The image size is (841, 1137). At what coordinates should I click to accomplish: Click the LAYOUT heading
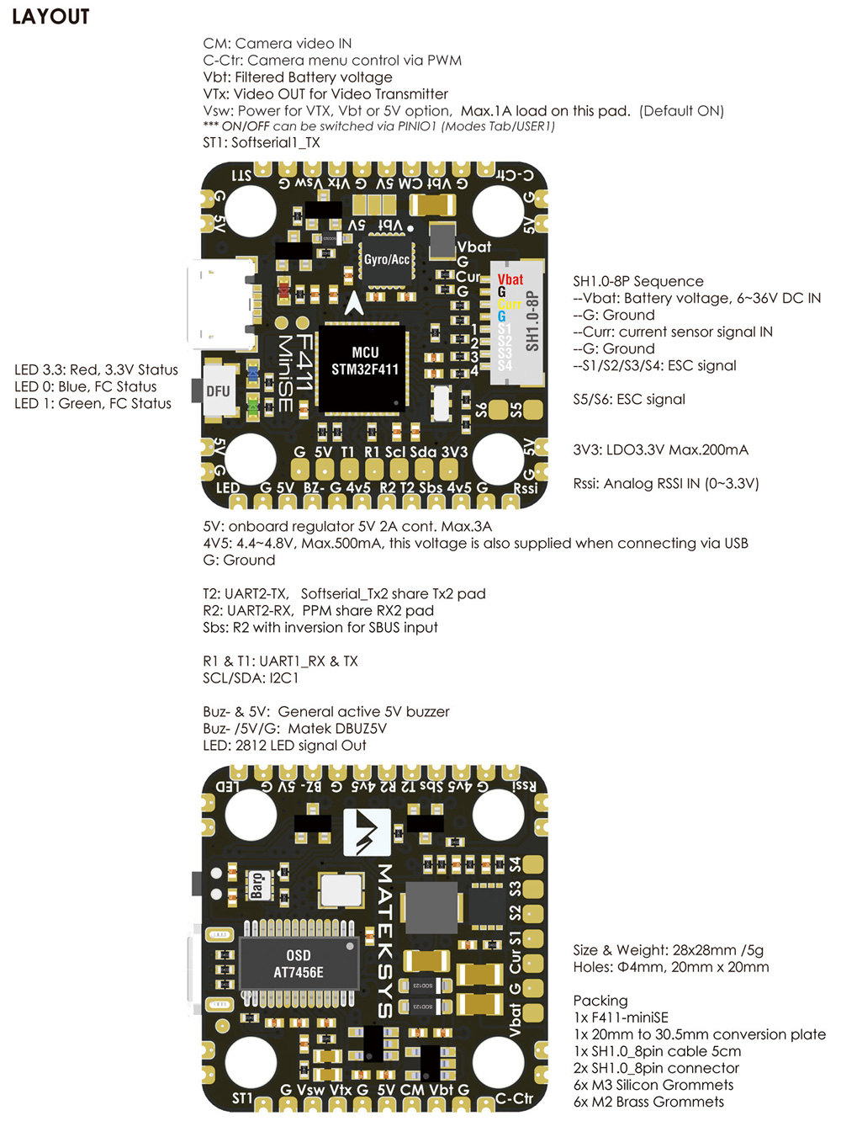click(50, 17)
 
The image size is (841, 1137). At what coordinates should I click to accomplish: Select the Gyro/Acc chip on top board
click(386, 260)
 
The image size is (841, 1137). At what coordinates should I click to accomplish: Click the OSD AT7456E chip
click(299, 964)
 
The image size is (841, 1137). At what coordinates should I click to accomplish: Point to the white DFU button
click(219, 391)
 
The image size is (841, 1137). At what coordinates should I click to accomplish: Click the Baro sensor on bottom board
click(257, 886)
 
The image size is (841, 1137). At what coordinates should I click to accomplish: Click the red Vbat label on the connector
click(510, 279)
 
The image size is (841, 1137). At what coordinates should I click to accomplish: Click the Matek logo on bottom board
click(367, 832)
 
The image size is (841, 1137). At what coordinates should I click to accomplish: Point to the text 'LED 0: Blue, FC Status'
click(85, 387)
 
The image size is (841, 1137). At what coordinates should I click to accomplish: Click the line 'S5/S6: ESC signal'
click(629, 399)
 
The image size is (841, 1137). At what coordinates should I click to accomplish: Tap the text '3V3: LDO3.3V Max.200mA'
click(660, 449)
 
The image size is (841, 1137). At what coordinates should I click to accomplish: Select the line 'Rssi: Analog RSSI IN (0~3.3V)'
click(666, 483)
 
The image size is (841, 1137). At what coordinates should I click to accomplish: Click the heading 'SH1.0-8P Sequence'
click(637, 281)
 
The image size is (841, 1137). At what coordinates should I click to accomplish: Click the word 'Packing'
click(600, 1000)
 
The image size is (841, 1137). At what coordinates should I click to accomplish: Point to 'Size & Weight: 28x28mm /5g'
click(668, 949)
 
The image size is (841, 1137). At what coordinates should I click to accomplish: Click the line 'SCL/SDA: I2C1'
click(251, 677)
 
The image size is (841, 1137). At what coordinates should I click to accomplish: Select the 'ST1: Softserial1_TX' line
click(261, 142)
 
